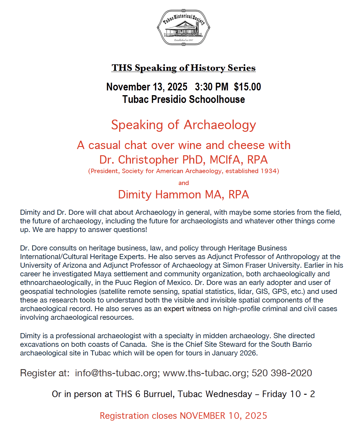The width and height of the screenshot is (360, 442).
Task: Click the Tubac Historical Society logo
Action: [184, 27]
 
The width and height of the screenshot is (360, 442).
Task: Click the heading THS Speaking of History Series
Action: [184, 68]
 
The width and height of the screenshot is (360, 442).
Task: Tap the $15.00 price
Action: [247, 87]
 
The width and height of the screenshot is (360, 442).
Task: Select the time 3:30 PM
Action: [212, 87]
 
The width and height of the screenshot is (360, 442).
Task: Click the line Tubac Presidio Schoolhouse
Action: [184, 99]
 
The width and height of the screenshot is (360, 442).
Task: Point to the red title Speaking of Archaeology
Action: [184, 125]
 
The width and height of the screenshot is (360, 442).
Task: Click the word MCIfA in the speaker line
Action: [225, 160]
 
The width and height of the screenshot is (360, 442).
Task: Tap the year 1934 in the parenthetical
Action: [269, 171]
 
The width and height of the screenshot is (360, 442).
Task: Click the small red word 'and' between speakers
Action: [184, 183]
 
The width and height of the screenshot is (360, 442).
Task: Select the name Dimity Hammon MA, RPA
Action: [184, 195]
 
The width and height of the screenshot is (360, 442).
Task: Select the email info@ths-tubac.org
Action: [116, 373]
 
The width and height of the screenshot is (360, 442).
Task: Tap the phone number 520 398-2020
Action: [282, 373]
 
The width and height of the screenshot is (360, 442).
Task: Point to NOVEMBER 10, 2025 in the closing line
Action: [223, 416]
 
